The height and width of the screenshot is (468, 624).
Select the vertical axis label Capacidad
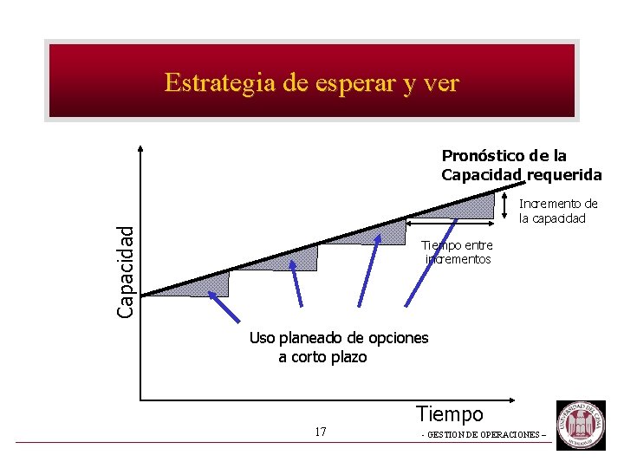click(127, 270)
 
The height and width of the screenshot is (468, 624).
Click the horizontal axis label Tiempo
click(449, 414)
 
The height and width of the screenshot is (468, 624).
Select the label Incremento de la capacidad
click(558, 211)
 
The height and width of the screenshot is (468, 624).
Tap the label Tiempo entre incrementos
click(457, 252)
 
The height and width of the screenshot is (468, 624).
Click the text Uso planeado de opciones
click(338, 337)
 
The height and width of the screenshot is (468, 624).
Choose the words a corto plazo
click(322, 357)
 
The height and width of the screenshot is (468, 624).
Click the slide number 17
click(321, 432)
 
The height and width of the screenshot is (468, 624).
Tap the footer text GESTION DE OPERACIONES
click(484, 434)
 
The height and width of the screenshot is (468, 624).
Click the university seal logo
click(581, 424)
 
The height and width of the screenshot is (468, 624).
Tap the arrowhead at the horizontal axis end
click(519, 399)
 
